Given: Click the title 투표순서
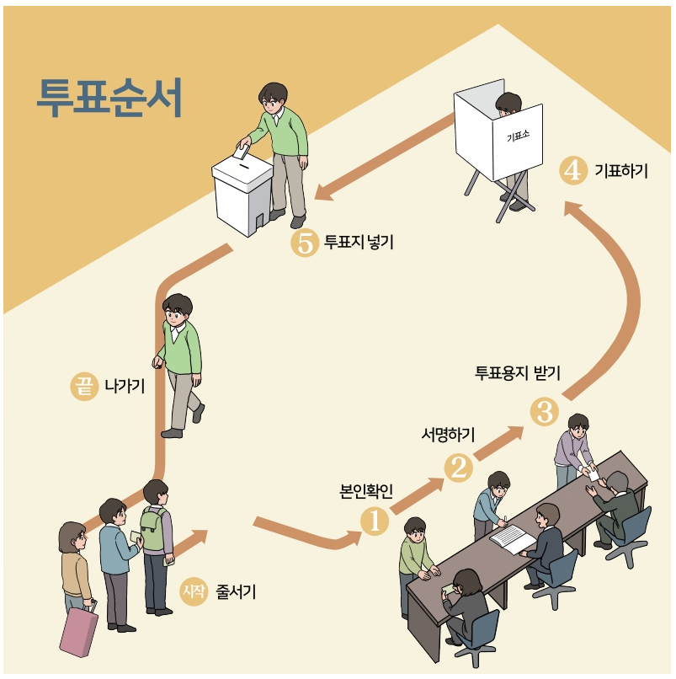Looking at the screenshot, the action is click(109, 99).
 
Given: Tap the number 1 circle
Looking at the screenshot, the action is click(375, 521).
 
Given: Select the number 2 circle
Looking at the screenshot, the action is click(459, 467).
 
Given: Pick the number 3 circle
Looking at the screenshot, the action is click(544, 412).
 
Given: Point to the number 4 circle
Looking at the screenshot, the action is click(572, 171).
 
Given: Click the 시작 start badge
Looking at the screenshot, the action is click(193, 591).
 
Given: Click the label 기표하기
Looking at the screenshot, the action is click(621, 171).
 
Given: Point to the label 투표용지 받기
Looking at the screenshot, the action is click(518, 373).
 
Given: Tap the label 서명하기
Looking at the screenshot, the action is click(448, 435).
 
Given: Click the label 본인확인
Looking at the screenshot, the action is click(366, 491).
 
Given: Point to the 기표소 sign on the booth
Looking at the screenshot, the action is click(517, 136).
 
